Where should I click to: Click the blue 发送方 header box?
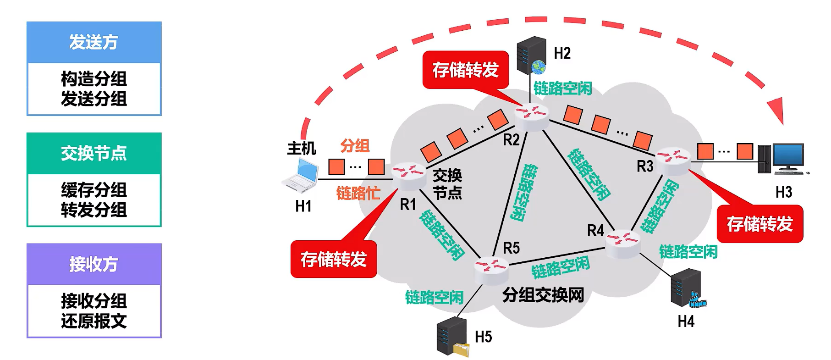pyautogui.click(x=94, y=42)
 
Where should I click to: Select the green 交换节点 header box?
pyautogui.click(x=94, y=153)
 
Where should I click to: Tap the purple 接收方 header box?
pyautogui.click(x=94, y=264)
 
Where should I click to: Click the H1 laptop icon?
pyautogui.click(x=300, y=175)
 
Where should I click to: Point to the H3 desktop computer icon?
pyautogui.click(x=783, y=159)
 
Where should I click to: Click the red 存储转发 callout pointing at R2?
pyautogui.click(x=466, y=70)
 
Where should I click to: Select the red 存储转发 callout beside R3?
pyautogui.click(x=760, y=224)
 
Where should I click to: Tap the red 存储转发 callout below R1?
pyautogui.click(x=334, y=259)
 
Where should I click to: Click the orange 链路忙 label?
pyautogui.click(x=358, y=193)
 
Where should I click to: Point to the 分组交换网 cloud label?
pyautogui.click(x=543, y=295)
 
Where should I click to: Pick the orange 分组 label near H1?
pyautogui.click(x=355, y=146)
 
